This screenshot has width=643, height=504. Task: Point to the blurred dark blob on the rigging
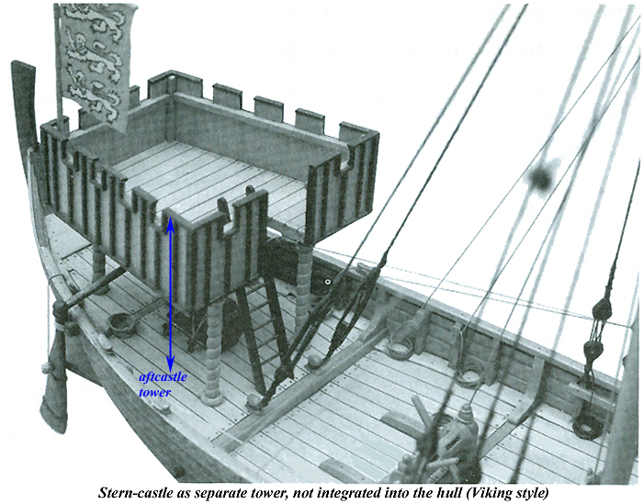pyautogui.click(x=541, y=177)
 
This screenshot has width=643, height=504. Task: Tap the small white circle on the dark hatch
pyautogui.click(x=328, y=281)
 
